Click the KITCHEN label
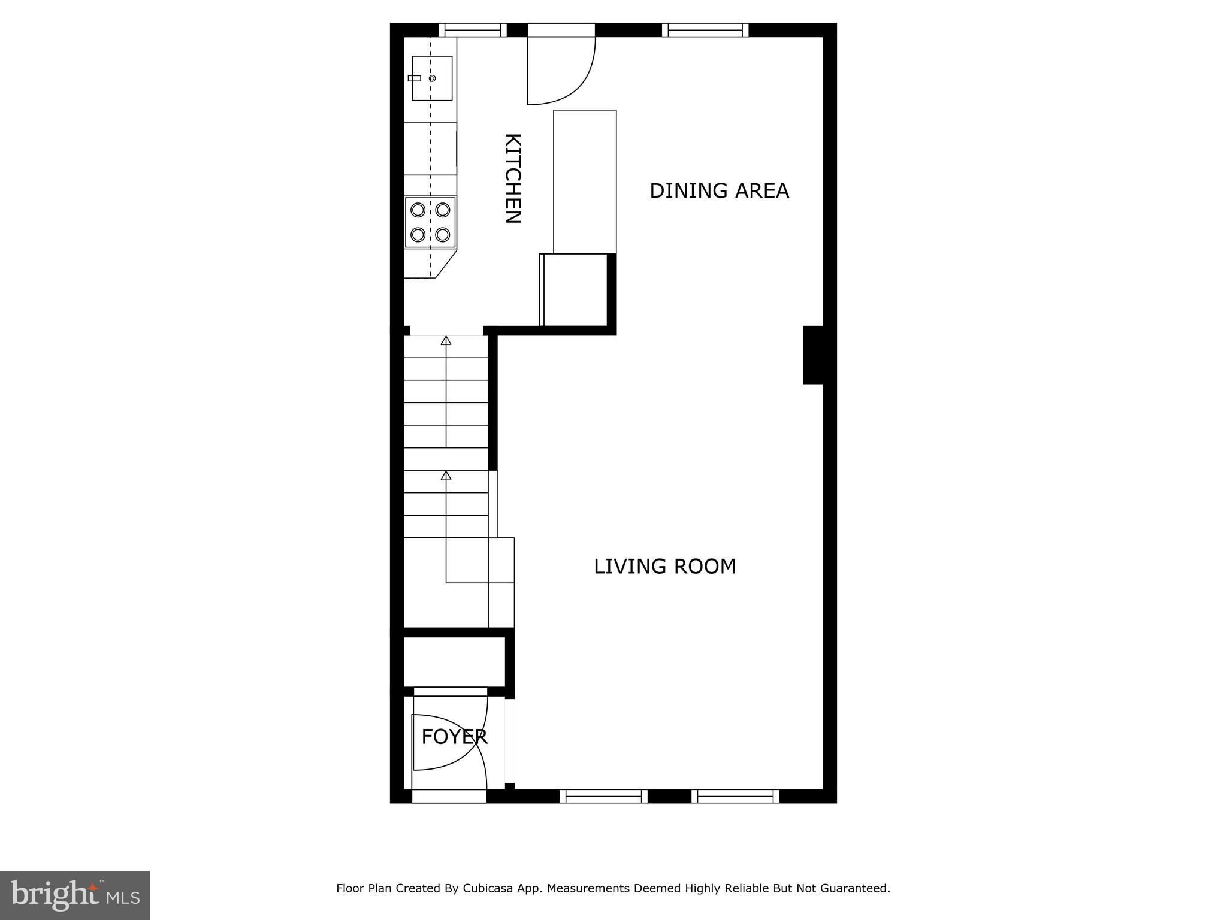click(x=513, y=178)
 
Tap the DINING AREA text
click(x=718, y=191)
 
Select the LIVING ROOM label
click(x=664, y=567)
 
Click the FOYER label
click(x=454, y=737)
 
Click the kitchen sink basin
click(x=432, y=78)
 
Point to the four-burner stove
click(x=430, y=222)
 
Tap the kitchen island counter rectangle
click(x=585, y=181)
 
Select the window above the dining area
click(x=705, y=30)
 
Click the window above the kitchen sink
click(x=473, y=30)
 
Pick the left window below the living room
click(x=603, y=796)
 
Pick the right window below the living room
click(x=735, y=796)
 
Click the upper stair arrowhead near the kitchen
click(x=446, y=341)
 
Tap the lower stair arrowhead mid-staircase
click(x=446, y=476)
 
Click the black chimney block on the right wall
click(x=813, y=355)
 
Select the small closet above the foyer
click(x=454, y=661)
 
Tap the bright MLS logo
click(x=75, y=895)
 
